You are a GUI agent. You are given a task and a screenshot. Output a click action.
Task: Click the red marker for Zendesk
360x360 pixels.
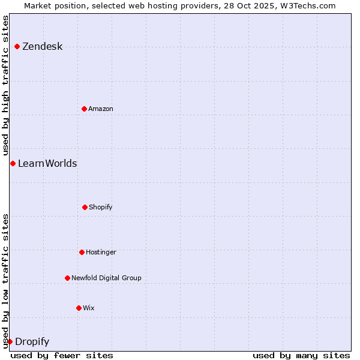[x=17, y=46]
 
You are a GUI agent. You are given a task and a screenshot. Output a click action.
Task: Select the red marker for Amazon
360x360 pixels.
[x=84, y=109]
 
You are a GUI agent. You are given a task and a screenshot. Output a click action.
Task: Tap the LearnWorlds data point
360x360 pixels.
[x=13, y=163]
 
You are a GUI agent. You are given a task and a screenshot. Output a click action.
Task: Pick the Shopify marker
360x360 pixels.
[x=85, y=207]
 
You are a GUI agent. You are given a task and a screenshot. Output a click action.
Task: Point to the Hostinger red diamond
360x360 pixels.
[x=82, y=252]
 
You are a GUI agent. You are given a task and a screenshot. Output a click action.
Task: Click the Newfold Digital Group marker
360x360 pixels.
[x=67, y=278]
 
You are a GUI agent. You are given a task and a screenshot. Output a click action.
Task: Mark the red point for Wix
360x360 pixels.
[x=79, y=308]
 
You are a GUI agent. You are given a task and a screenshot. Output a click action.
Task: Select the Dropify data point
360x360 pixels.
[x=10, y=341]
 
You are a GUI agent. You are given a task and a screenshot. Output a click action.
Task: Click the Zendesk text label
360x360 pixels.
[x=43, y=47]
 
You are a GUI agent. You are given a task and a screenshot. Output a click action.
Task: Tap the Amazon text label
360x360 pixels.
[x=101, y=109]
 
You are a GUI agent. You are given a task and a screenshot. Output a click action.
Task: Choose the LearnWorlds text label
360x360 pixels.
[x=47, y=164]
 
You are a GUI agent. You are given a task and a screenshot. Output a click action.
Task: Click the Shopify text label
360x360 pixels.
[x=101, y=208]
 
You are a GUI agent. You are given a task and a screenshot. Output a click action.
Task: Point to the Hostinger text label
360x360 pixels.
[x=101, y=253]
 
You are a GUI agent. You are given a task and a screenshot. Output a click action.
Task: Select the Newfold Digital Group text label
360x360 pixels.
[x=106, y=278]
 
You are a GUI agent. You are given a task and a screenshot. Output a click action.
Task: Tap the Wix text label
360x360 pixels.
[x=89, y=308]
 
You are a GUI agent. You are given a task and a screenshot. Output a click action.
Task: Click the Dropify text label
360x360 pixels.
[x=32, y=342]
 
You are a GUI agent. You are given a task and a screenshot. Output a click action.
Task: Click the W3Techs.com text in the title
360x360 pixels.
[x=306, y=5]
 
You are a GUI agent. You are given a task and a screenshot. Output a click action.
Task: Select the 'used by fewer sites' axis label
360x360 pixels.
[x=62, y=355]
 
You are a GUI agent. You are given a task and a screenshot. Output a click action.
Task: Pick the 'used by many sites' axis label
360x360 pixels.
[x=301, y=355]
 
